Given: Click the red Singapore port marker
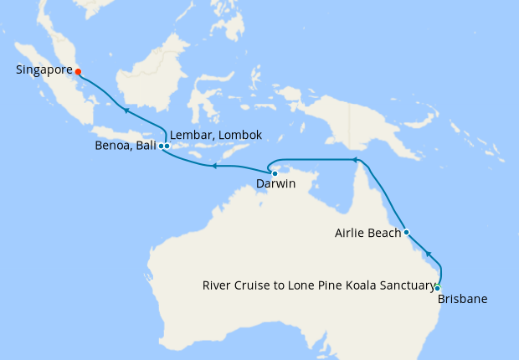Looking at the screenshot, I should (x=78, y=71).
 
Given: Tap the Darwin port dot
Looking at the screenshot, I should (x=275, y=173).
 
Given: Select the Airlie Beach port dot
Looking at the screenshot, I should (x=406, y=232).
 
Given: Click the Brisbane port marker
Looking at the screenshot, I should (x=437, y=288).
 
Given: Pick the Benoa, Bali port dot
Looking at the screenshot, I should (x=161, y=146).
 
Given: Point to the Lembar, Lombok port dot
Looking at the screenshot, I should (x=167, y=146).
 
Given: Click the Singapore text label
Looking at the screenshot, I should (x=43, y=70).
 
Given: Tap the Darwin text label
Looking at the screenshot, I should (x=275, y=184).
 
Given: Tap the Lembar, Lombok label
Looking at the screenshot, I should (x=216, y=135).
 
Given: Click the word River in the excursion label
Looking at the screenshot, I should (x=218, y=285).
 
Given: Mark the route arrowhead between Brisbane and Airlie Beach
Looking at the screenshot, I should (x=428, y=253).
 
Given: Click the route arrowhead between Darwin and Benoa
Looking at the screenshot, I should (x=213, y=166).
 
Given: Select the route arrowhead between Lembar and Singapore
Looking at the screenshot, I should (x=125, y=110).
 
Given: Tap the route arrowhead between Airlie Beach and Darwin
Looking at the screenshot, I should (x=354, y=159).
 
